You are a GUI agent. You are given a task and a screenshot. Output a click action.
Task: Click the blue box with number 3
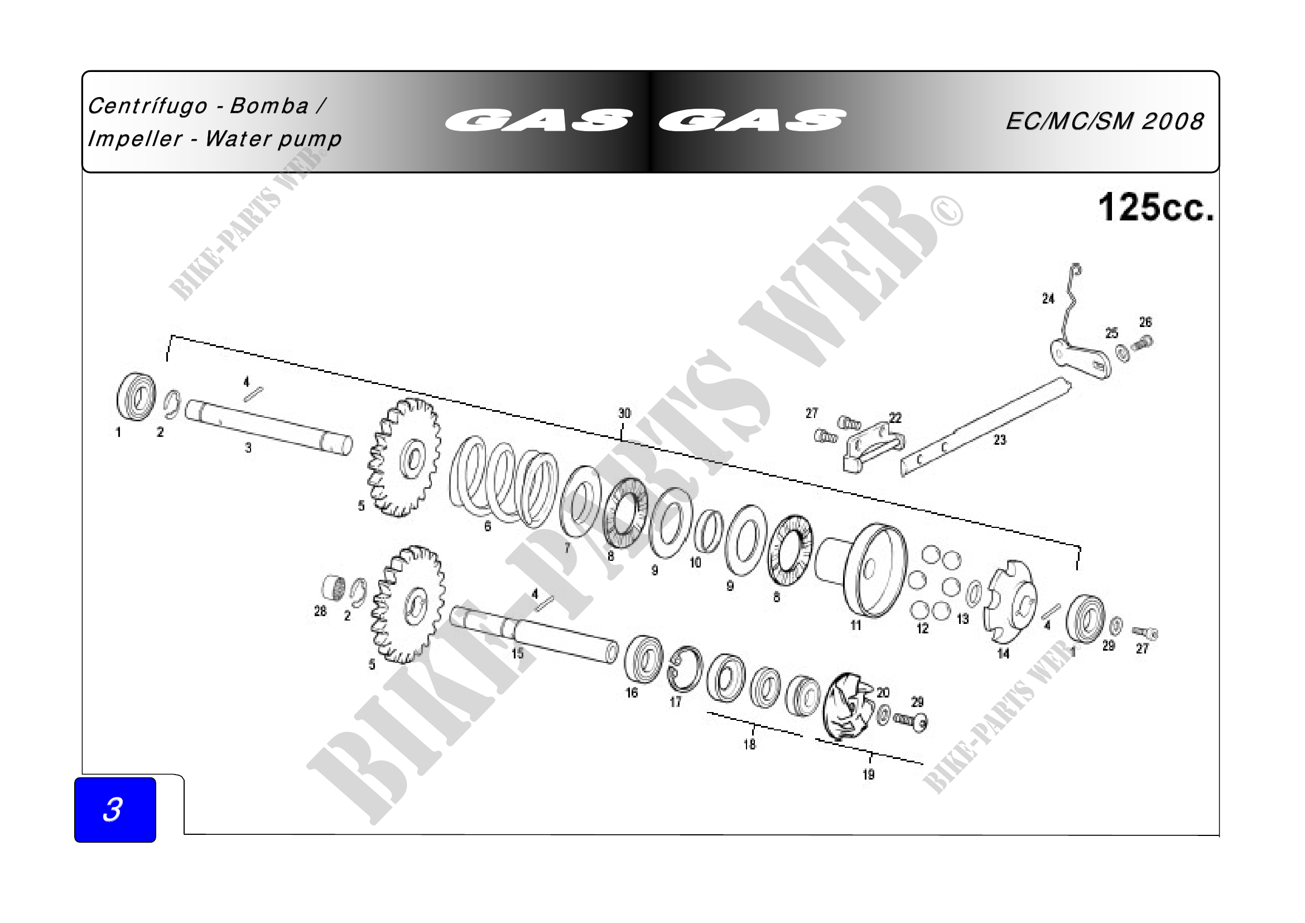115,809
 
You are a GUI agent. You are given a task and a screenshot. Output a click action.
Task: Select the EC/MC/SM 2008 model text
1104,121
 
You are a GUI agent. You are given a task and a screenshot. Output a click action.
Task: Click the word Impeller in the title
135,139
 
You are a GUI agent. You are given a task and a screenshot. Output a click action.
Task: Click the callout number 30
624,413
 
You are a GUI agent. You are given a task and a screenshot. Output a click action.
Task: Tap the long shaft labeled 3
269,427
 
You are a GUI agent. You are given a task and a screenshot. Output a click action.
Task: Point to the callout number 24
1048,299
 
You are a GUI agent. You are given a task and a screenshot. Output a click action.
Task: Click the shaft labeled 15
534,635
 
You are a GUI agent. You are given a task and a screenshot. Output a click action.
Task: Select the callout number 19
869,775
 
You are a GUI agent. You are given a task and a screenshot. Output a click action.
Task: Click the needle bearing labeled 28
334,589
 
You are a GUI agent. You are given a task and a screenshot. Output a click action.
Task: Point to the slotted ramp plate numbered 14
1010,602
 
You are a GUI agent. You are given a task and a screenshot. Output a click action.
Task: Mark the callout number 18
750,744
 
